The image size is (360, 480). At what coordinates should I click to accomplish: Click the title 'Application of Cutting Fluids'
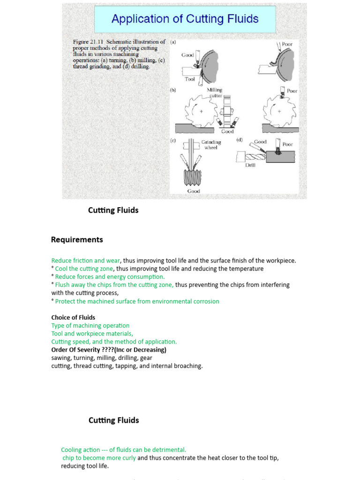[185, 19]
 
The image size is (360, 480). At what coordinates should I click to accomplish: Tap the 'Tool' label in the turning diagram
[190, 79]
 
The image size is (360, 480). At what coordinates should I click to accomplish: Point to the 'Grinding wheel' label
[211, 144]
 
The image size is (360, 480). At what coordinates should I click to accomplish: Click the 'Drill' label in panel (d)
[250, 165]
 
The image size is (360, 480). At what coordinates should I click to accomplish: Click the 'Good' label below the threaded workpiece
[194, 191]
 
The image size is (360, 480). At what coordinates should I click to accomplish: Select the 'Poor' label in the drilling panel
[287, 144]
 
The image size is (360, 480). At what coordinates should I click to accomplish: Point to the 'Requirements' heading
[77, 240]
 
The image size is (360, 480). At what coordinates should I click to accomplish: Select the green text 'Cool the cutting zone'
[84, 269]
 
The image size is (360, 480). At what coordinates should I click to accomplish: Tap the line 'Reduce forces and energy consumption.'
[110, 277]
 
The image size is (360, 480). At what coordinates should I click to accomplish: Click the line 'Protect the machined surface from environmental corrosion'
[137, 301]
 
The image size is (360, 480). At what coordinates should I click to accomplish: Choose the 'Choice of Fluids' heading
[73, 318]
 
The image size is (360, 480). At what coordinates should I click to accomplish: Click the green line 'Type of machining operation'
[90, 326]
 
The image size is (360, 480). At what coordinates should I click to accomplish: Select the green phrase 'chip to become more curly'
[99, 458]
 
